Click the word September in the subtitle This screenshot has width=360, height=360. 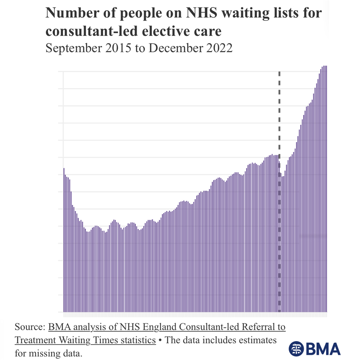point(72,48)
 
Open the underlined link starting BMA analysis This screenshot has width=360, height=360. point(166,327)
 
